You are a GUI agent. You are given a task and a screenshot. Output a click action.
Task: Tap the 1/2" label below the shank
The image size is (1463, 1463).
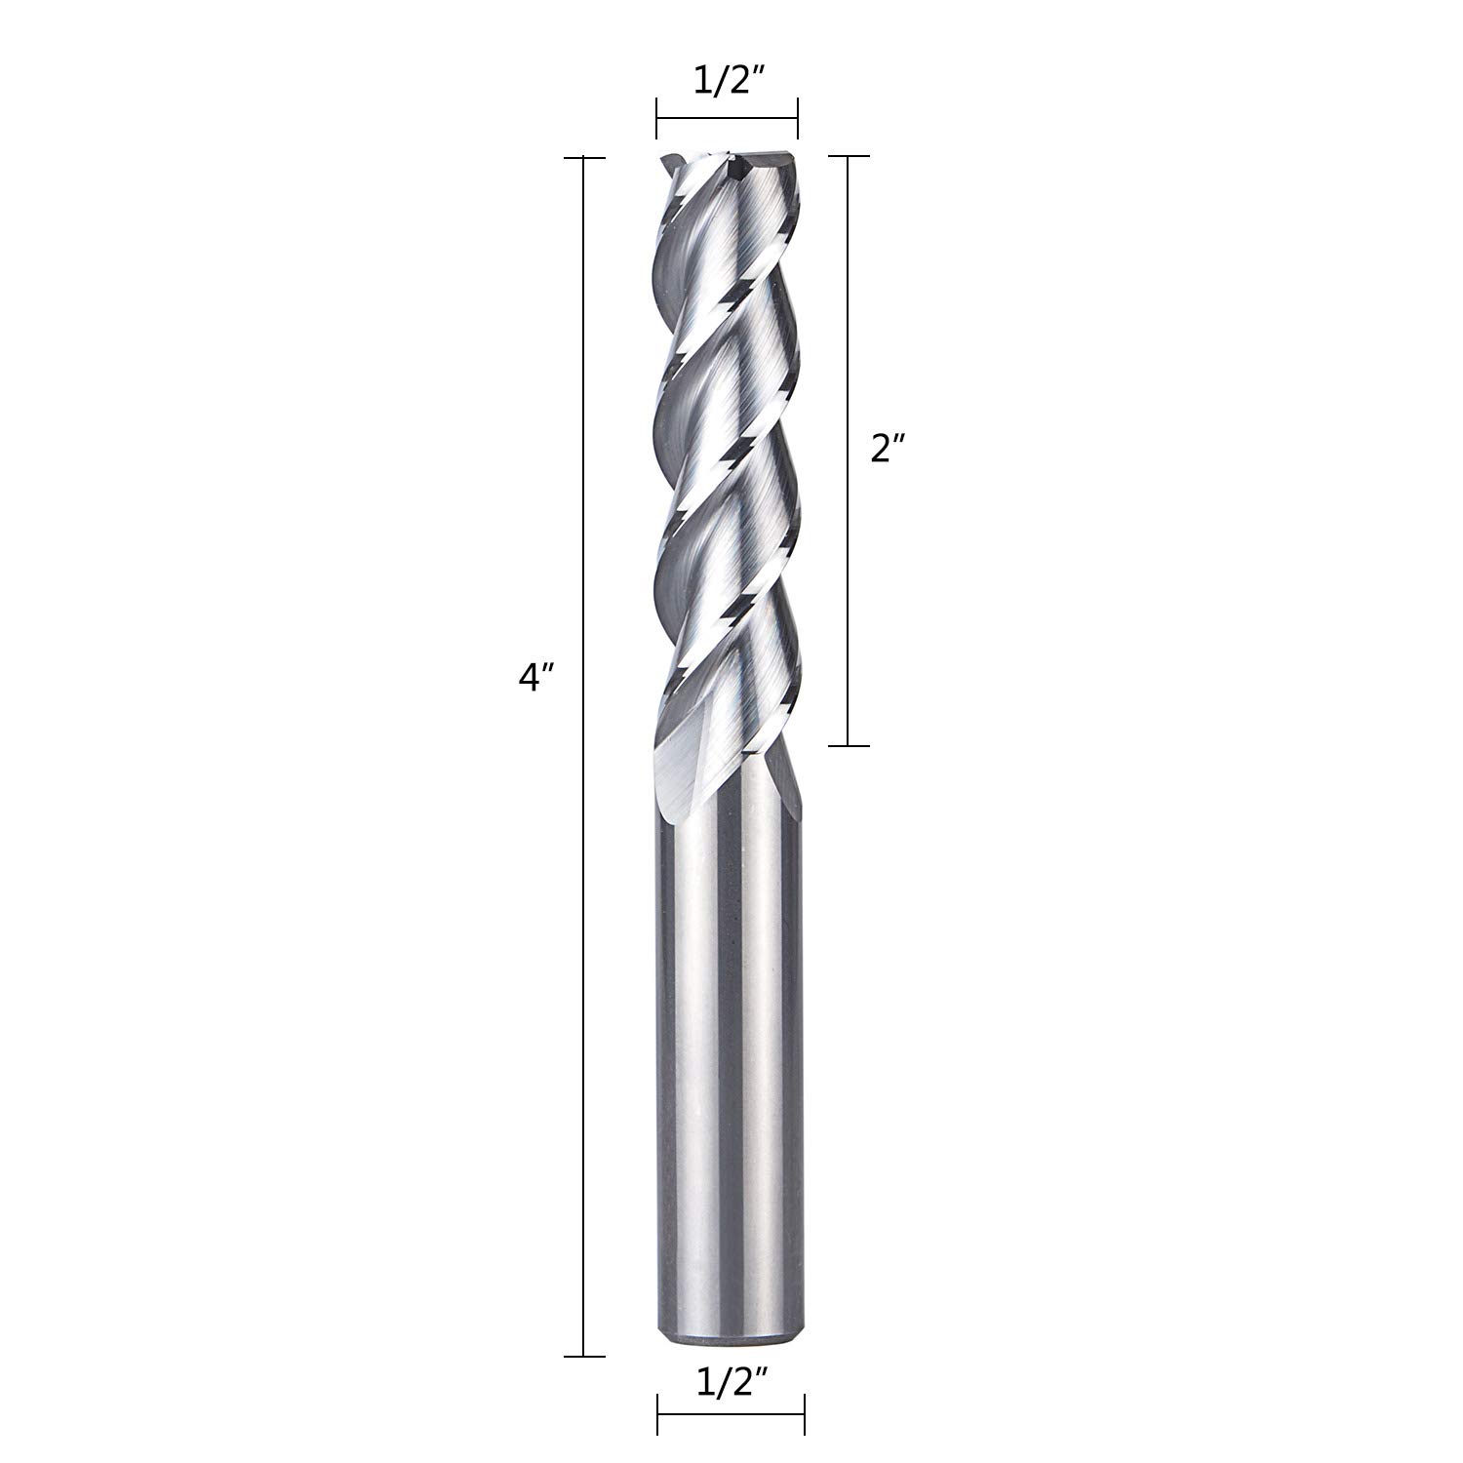731,1411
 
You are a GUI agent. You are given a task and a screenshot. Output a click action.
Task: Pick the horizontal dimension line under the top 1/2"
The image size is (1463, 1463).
728,119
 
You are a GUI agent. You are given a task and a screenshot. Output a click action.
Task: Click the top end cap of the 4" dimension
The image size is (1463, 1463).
583,156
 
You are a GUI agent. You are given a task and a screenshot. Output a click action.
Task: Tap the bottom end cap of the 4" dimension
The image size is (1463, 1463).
583,1356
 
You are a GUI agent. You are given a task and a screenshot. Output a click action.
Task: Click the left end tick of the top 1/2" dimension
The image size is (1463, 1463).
657,119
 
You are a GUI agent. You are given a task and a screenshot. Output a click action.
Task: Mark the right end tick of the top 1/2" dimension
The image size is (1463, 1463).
798,119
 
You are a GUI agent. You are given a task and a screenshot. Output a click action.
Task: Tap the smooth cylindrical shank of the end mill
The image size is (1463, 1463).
730,1073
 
